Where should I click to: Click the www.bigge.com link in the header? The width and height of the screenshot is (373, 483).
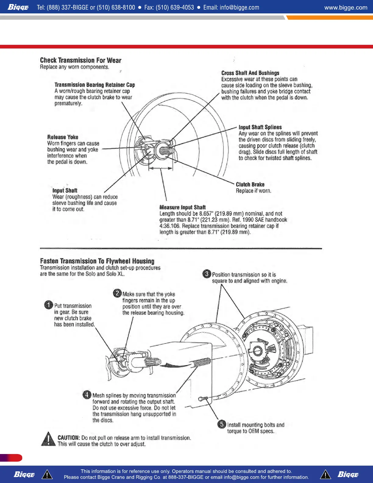click(x=346, y=7)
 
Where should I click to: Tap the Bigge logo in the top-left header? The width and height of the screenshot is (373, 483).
click(x=18, y=7)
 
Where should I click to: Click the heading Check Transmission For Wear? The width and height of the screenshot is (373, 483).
click(x=80, y=60)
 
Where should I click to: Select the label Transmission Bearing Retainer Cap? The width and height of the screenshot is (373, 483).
click(x=94, y=85)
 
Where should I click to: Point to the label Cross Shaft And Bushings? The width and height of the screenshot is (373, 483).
click(x=250, y=73)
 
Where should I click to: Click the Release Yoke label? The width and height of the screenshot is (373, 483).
click(x=62, y=137)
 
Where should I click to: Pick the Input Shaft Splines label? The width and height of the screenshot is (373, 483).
click(x=260, y=127)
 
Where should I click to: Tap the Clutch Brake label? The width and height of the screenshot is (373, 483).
click(x=250, y=184)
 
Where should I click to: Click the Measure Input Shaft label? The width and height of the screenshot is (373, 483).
click(x=182, y=207)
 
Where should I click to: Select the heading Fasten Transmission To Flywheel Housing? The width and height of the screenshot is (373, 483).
click(x=97, y=261)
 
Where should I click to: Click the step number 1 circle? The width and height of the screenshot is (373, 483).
click(x=48, y=305)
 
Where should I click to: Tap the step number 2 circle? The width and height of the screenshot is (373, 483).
click(x=117, y=293)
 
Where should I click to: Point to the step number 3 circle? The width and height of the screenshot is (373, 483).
click(x=207, y=274)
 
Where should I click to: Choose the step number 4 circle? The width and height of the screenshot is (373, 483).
click(x=87, y=395)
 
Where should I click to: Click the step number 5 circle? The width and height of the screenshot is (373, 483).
click(x=222, y=424)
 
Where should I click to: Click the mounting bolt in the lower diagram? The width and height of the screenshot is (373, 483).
click(x=203, y=399)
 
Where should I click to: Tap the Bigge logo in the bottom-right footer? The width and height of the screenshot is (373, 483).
click(x=348, y=474)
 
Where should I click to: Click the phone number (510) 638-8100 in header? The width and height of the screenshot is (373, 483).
click(x=116, y=7)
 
